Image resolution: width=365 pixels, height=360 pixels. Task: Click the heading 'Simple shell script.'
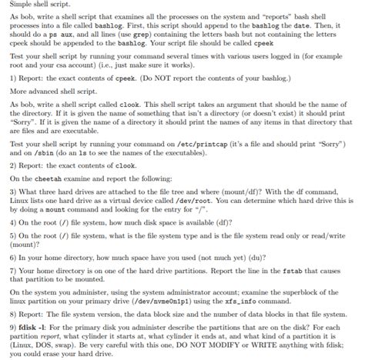pos(35,6)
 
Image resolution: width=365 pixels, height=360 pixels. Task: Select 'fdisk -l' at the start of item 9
pos(32,326)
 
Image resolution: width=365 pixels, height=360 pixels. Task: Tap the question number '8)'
pos(13,313)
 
